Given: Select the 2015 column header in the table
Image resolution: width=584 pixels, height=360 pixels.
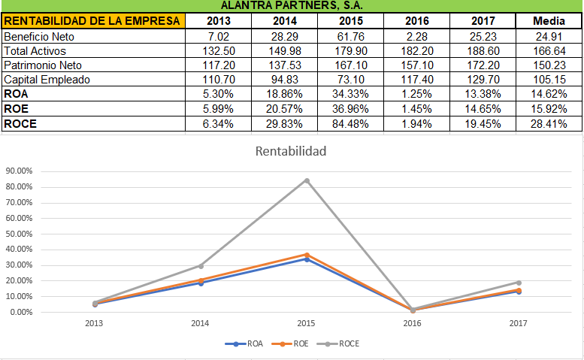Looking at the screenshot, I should (350, 20).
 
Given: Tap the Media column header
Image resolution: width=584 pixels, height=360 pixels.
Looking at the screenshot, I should (549, 20).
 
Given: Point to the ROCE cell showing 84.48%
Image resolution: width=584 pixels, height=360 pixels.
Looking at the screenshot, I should (350, 123).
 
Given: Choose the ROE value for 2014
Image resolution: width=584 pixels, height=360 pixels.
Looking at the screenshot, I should (284, 109).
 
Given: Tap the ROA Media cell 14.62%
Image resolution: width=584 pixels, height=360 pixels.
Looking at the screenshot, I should (549, 95).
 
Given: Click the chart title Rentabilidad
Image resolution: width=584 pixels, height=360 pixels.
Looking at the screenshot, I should (291, 152).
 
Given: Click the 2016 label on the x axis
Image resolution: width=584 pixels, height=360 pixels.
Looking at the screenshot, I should (412, 324).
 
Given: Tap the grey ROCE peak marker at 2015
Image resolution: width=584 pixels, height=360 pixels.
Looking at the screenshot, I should (307, 180).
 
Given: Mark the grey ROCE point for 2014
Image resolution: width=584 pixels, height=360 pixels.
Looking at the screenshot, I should (201, 265).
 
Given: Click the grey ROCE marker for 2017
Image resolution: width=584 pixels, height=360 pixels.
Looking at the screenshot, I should (518, 283).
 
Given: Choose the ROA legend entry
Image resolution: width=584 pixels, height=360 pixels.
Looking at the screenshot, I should (250, 343).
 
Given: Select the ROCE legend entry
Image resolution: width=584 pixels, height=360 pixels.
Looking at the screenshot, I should (342, 343).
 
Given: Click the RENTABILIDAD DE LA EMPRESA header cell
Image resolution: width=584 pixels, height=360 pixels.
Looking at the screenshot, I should (92, 20).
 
